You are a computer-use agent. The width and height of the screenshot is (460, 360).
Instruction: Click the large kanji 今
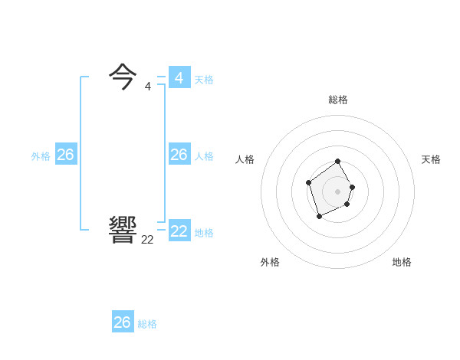pos(123,77)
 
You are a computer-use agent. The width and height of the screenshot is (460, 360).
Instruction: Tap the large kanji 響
pos(123,230)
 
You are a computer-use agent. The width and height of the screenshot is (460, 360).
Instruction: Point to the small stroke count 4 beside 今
pos(147,87)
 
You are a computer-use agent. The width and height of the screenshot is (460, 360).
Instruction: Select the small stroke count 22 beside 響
pos(147,240)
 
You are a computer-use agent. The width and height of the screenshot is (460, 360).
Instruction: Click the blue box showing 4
pos(179,77)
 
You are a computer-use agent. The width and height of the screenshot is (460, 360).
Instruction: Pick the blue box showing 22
pos(179,231)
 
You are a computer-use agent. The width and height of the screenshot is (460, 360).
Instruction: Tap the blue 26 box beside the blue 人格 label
pos(179,155)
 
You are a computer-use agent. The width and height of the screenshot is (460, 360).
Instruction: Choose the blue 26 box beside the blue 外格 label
pos(65,155)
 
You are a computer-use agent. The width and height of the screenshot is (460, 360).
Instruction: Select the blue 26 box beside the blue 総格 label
pos(123,322)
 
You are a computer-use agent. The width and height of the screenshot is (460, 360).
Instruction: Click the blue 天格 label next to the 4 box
pos(204,80)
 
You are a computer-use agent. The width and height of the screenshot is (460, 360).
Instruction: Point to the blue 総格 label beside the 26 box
pos(147,324)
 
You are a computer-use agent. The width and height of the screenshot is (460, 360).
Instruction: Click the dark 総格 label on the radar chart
pos(338,100)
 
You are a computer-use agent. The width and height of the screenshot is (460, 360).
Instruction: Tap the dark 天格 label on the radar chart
pos(431,159)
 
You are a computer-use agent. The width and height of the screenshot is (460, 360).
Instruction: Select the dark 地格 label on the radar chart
pos(402,262)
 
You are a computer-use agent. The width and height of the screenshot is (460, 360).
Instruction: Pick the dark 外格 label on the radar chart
pos(270,262)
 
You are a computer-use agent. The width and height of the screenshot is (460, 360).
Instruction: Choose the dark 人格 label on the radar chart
pos(245,159)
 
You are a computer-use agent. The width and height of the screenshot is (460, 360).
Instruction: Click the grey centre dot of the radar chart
pos(338,191)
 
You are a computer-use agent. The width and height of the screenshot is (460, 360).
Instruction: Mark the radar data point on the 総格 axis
pos(338,162)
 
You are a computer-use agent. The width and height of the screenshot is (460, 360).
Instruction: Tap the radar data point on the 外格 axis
pos(320,217)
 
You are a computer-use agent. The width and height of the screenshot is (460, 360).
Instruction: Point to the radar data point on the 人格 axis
pos(308,182)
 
